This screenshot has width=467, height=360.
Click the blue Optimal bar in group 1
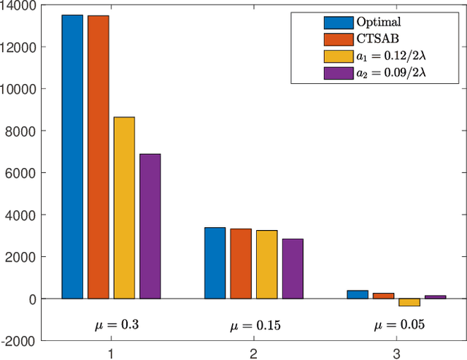point(72,157)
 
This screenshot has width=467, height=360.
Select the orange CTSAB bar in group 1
point(99,157)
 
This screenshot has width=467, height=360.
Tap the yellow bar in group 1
point(124,208)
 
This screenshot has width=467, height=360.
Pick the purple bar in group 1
point(150,226)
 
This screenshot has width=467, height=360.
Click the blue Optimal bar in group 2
point(215,263)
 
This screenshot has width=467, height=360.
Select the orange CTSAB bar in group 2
point(241,264)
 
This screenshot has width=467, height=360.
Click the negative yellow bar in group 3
point(409,302)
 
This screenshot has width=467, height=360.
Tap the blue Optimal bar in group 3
point(357,294)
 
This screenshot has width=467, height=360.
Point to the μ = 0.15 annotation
point(254,324)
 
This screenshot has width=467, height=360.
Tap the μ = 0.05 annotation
point(396,324)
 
